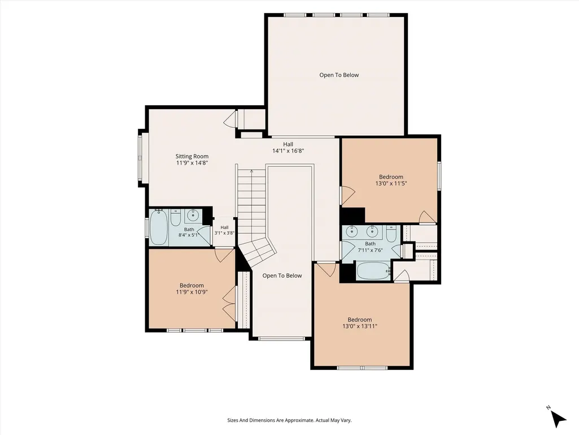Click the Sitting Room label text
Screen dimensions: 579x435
[x=192, y=156]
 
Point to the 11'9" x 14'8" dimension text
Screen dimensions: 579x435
[x=192, y=162]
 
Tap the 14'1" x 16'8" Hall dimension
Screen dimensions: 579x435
[x=288, y=150]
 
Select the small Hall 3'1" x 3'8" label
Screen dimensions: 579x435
[x=224, y=230]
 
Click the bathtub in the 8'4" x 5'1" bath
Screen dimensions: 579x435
[x=159, y=227]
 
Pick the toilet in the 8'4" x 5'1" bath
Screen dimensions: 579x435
[x=176, y=218]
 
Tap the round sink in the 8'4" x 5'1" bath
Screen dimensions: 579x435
[x=193, y=214]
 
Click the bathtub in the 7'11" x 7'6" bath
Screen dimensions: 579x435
[x=373, y=271]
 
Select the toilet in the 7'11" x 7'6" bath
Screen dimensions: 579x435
[x=391, y=234]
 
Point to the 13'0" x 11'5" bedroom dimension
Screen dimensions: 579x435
[x=391, y=183]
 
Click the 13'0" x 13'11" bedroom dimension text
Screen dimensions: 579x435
[x=360, y=326]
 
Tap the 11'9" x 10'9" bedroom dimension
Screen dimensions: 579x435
[x=192, y=291]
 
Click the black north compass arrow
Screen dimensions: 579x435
[x=559, y=419]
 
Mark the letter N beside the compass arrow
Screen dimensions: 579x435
[x=548, y=407]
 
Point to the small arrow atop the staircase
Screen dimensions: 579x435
[x=251, y=171]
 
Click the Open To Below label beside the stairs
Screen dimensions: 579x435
[x=282, y=275]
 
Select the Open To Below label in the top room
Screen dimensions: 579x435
[x=339, y=75]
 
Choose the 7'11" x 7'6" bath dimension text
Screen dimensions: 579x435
[x=370, y=250]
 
